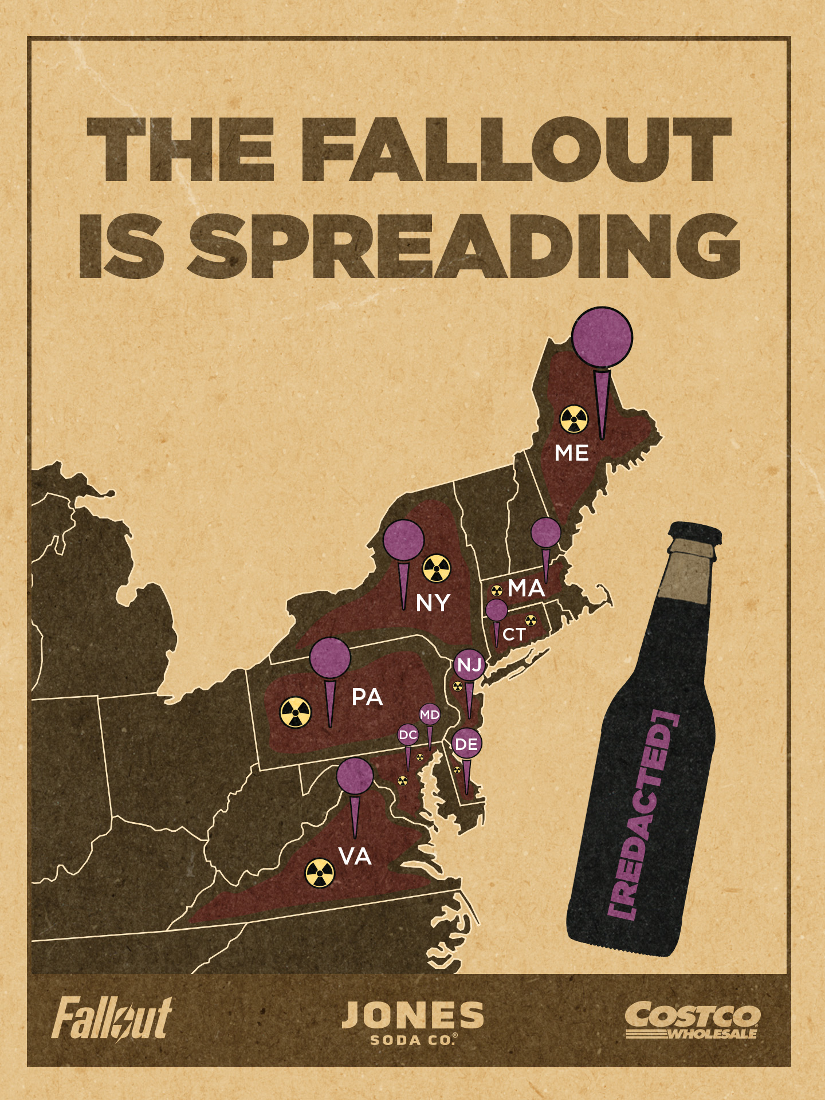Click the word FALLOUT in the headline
pos(523,150)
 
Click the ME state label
pos(571,453)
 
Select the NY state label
pos(433,603)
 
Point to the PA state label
pos(367,697)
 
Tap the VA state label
pos(355,857)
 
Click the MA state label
pos(526,588)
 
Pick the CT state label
pos(514,635)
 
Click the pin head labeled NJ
pos(469,665)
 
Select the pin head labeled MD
pos(430,714)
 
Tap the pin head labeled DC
pos(408,735)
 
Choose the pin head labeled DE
pos(466,744)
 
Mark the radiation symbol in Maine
pos(573,420)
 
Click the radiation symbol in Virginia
pos(319,873)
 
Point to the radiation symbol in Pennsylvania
pos(295,712)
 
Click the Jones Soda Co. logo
pos(412,1023)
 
